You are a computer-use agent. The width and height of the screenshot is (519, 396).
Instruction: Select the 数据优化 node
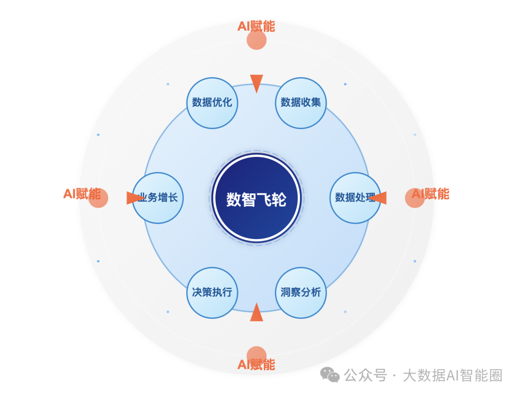(212, 103)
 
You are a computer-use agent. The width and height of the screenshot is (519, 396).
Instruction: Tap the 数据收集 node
(301, 103)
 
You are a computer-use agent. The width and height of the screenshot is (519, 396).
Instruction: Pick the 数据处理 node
(355, 198)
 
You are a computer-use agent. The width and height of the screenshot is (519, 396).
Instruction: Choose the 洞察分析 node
(301, 292)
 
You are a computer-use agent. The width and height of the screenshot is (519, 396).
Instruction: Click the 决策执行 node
(212, 292)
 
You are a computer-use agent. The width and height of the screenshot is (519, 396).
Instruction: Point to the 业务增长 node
(158, 198)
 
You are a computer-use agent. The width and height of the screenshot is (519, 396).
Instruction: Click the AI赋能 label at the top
(256, 26)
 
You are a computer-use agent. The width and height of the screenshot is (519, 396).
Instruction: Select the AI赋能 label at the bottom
(256, 365)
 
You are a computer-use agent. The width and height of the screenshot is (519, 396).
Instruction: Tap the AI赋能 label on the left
(82, 194)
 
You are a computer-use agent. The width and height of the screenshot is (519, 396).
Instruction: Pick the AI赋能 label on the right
(431, 194)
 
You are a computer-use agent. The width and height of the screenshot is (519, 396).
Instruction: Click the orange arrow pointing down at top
(257, 83)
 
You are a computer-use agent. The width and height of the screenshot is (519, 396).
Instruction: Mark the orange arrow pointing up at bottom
(257, 313)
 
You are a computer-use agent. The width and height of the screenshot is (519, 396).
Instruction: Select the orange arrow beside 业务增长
(134, 198)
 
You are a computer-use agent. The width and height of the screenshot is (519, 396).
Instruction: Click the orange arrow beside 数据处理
(379, 198)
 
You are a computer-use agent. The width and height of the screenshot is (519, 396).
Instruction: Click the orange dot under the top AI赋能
(257, 40)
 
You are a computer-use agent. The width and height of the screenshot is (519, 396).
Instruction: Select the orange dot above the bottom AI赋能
(257, 354)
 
